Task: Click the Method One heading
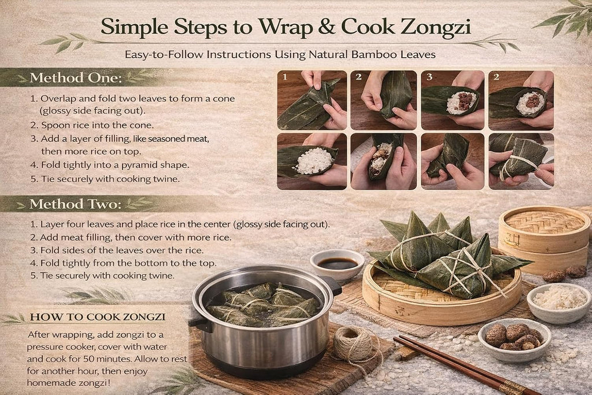76,78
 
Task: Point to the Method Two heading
76,204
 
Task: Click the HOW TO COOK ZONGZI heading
98,317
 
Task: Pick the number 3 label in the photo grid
430,77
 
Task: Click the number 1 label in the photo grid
285,77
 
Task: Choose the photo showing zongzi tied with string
521,161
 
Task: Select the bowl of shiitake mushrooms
514,340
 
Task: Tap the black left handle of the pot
199,322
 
